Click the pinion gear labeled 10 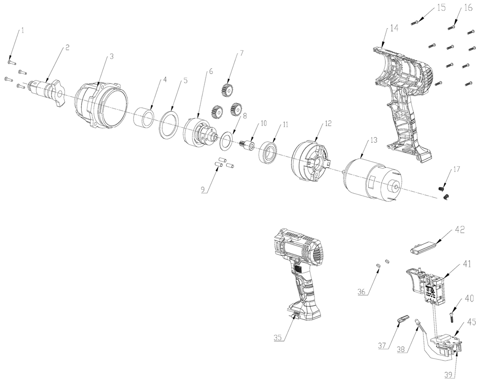(247, 145)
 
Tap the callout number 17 (456, 170)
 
